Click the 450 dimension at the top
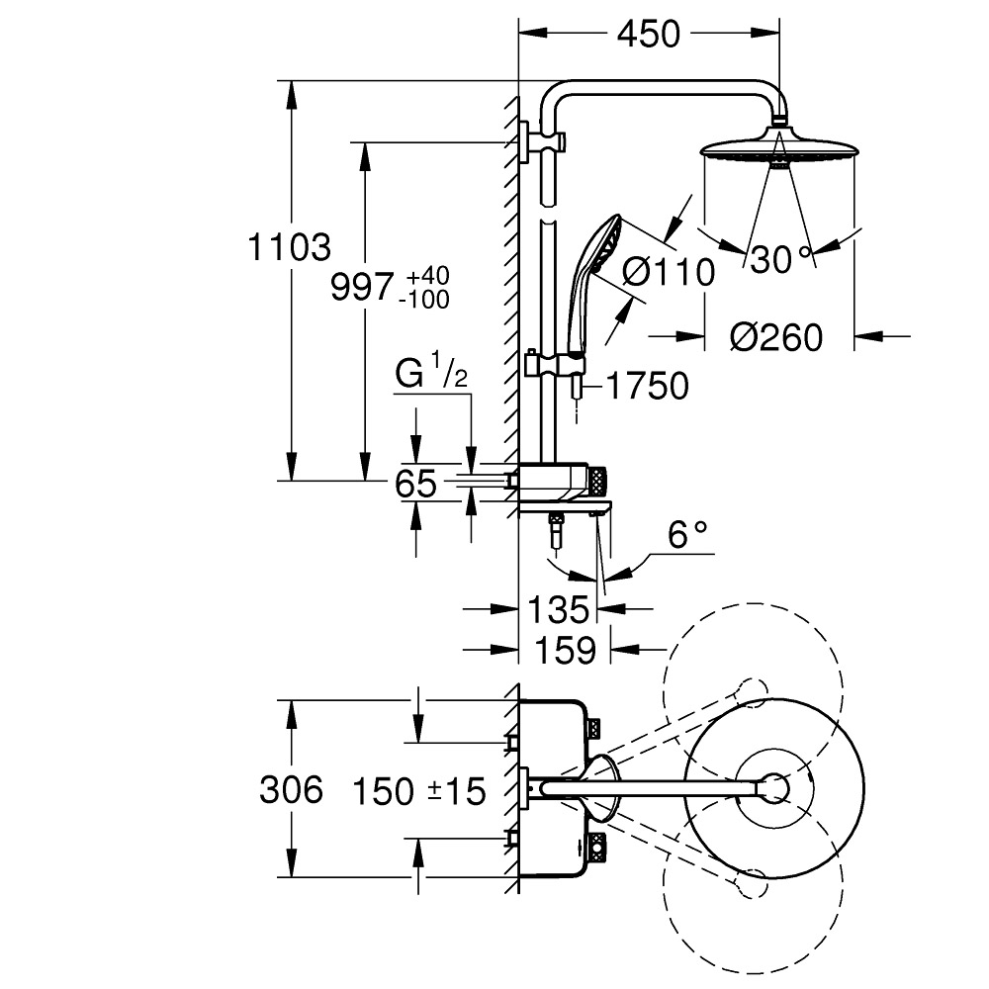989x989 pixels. (649, 34)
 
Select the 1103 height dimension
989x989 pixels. (290, 246)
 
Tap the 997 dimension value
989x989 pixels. (363, 288)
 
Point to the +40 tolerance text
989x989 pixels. (427, 276)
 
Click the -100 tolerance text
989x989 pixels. (424, 299)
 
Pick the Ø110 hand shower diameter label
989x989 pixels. (669, 273)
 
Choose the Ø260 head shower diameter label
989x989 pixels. (776, 337)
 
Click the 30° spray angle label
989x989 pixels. (780, 259)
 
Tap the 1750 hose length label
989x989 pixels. (647, 386)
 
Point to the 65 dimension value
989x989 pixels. (415, 484)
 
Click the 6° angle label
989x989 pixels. (687, 535)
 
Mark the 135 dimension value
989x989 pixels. (558, 610)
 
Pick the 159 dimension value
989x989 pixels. (565, 651)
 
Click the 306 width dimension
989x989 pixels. (292, 789)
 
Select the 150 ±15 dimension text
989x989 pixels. (418, 791)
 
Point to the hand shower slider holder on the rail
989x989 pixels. (555, 365)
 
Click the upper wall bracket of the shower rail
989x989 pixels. (542, 141)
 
